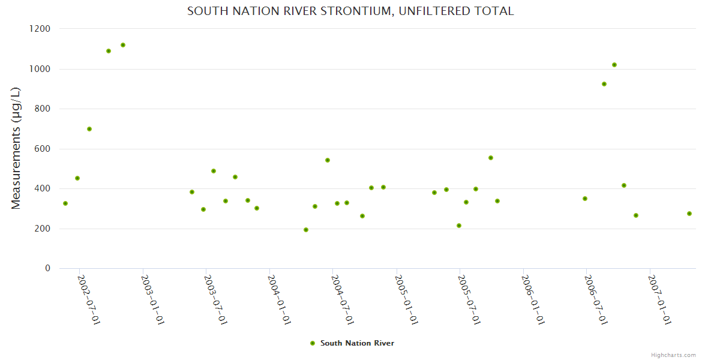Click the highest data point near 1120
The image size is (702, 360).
click(x=123, y=45)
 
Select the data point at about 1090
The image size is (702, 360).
click(x=109, y=51)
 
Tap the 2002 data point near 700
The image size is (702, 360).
click(x=89, y=129)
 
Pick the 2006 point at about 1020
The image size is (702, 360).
click(x=614, y=65)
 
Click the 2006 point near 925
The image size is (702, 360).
click(x=604, y=84)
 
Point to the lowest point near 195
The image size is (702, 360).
click(x=306, y=230)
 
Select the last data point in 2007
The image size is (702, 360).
click(x=689, y=214)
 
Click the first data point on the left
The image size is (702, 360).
click(x=65, y=203)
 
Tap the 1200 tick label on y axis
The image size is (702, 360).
click(x=40, y=29)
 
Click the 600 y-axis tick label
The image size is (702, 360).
click(x=42, y=149)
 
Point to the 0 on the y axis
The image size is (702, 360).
click(x=47, y=268)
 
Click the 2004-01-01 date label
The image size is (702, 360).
click(x=279, y=299)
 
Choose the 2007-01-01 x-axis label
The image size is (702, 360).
click(x=659, y=299)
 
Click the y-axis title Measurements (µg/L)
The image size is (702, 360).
click(x=16, y=148)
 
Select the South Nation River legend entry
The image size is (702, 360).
click(x=356, y=343)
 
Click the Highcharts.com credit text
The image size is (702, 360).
click(x=673, y=355)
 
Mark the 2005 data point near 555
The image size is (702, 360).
click(x=491, y=158)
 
